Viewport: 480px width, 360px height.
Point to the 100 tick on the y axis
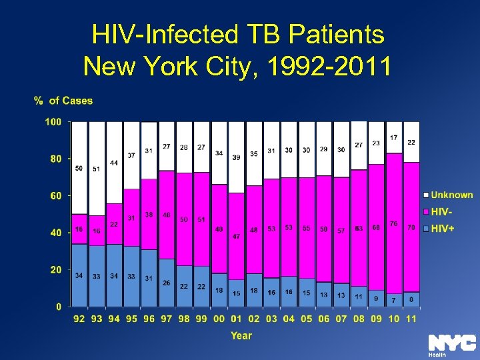53,122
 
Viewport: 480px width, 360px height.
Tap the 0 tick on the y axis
59,307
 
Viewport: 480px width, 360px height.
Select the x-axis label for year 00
219,319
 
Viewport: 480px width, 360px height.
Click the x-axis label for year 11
411,319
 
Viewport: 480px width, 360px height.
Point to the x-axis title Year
241,336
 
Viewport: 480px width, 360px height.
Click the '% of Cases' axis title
64,101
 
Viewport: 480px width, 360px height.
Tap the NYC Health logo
451,344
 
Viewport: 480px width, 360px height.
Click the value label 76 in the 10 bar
394,224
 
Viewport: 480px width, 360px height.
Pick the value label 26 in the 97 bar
167,283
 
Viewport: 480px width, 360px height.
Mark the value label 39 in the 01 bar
237,158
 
